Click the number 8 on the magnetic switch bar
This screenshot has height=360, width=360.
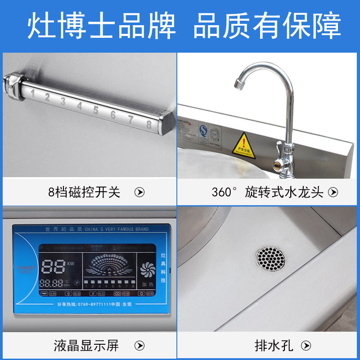click(x=149, y=125)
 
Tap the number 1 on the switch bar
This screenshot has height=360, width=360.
click(x=32, y=93)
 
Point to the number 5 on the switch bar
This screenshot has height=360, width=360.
click(x=96, y=109)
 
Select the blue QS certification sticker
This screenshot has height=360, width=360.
click(x=204, y=131)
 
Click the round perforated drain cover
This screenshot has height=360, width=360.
click(x=271, y=259)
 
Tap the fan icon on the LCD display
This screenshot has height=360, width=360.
click(x=147, y=270)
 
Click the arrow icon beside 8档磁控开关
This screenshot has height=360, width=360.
click(x=140, y=193)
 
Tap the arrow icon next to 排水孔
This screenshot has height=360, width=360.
click(x=306, y=346)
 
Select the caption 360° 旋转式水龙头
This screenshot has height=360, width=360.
click(x=268, y=193)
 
